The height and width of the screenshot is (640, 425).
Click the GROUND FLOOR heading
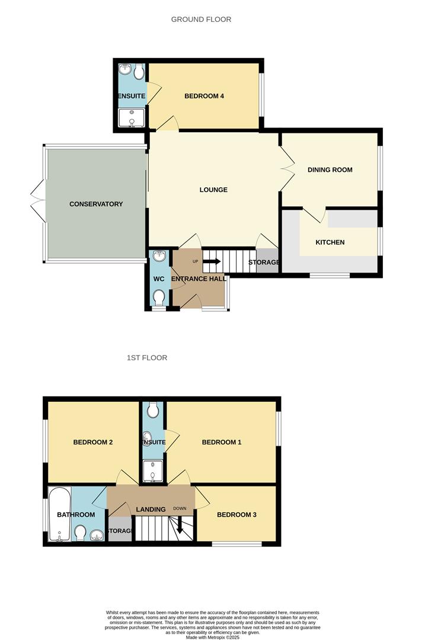[x=201, y=20]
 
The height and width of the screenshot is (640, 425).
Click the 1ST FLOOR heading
[x=146, y=358]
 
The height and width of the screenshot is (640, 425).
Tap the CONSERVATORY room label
[x=96, y=204]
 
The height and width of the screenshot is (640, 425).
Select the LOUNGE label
[x=213, y=190]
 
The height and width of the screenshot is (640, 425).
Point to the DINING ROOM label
[x=330, y=170]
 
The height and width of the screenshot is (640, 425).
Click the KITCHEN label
[x=330, y=242]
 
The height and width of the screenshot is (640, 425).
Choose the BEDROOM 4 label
[x=204, y=96]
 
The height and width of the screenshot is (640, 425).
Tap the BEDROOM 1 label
[x=222, y=443]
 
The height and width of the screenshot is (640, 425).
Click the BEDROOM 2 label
[x=93, y=443]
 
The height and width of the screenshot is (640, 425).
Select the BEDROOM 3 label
[x=237, y=515]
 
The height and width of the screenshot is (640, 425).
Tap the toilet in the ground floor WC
[x=159, y=296]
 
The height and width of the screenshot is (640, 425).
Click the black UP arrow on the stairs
[x=212, y=261]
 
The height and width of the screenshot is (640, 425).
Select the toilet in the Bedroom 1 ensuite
[x=153, y=409]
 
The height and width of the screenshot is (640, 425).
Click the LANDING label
[x=150, y=510]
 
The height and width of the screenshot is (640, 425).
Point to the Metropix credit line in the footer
[x=212, y=637]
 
